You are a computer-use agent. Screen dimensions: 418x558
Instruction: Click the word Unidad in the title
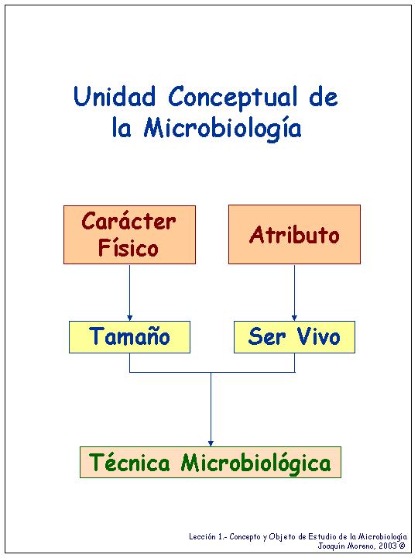[115, 96]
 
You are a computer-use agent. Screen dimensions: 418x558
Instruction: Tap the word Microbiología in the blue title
[222, 128]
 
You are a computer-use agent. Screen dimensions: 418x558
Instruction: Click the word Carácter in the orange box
[128, 221]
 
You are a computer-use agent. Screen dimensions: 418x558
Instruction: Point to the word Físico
[128, 247]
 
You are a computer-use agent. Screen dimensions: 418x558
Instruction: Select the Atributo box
[294, 234]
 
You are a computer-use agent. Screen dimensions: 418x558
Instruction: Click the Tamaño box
[129, 337]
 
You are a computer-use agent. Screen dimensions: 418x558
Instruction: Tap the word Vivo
[318, 336]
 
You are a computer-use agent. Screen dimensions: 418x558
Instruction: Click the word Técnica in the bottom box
[130, 463]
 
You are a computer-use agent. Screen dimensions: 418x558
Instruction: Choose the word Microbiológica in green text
[255, 463]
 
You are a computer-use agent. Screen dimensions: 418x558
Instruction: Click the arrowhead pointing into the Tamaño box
[129, 318]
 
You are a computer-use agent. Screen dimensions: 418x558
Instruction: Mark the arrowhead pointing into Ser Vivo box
[294, 318]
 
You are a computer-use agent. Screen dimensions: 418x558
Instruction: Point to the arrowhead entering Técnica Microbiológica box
[211, 443]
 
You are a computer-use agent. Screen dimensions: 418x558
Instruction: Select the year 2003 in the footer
[387, 546]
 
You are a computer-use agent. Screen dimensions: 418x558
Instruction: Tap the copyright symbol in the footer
[402, 546]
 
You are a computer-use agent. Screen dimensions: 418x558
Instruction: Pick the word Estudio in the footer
[321, 536]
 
